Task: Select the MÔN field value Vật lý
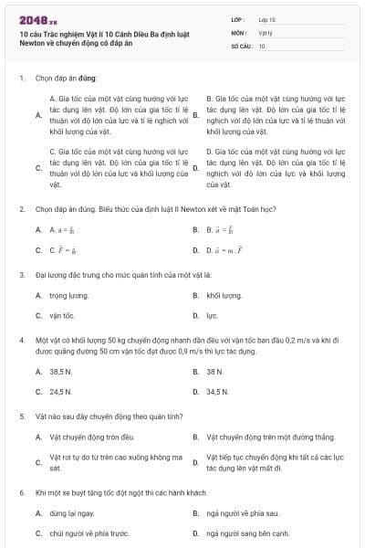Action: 265,31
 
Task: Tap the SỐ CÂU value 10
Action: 262,45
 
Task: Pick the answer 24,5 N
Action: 60,391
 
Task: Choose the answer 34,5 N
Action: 217,391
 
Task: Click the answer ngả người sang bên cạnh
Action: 247,532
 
